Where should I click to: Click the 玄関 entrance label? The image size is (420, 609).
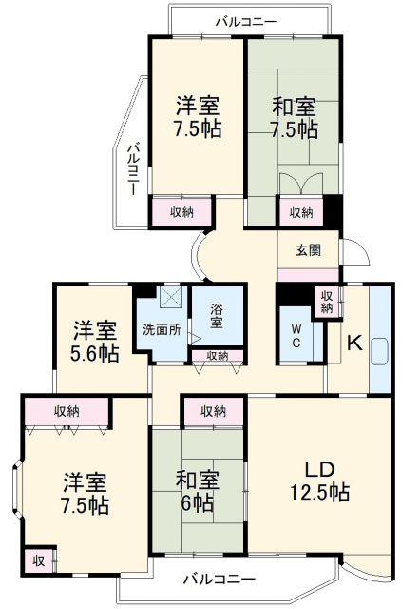point(306,250)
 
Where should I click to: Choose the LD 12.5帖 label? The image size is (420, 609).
point(318,481)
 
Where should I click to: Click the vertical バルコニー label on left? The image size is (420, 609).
point(133,168)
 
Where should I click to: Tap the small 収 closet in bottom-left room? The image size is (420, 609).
point(38,559)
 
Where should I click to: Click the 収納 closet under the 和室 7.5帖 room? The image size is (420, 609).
point(301,212)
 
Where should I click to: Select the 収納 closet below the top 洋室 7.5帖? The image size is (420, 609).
point(182,212)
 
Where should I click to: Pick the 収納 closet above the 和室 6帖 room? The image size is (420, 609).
point(214,411)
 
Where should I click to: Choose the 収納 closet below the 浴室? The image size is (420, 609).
point(217,356)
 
